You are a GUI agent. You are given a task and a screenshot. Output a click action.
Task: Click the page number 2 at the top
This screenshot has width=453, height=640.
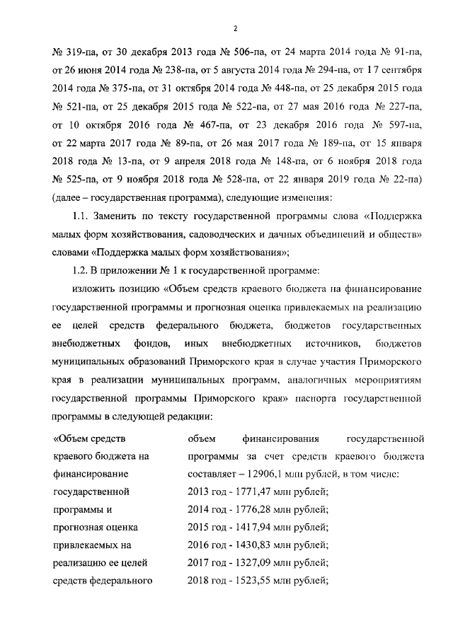tap(234, 28)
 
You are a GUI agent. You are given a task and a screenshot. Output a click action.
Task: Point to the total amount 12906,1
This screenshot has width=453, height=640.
tap(266, 473)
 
